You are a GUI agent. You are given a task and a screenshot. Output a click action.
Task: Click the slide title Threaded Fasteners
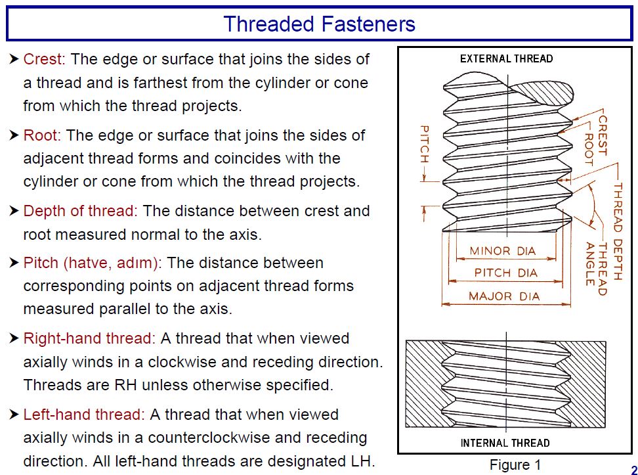click(319, 24)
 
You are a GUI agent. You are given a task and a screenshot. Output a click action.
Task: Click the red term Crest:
click(44, 59)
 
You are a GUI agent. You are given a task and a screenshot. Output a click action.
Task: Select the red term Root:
click(42, 135)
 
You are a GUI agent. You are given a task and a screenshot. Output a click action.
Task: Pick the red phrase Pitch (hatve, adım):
click(93, 263)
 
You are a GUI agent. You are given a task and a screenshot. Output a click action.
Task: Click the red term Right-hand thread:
click(89, 339)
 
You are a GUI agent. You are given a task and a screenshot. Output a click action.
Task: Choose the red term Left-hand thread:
click(83, 415)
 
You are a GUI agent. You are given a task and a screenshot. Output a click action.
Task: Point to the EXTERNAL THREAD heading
click(506, 59)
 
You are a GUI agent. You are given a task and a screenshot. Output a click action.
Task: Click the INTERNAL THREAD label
click(505, 443)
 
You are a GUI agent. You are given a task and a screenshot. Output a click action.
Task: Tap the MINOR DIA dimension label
click(503, 251)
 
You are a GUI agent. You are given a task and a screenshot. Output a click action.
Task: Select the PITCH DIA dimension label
click(505, 273)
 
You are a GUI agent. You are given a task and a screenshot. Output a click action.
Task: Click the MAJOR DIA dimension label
click(504, 296)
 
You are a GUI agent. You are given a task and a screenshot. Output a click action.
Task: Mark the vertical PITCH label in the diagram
click(424, 144)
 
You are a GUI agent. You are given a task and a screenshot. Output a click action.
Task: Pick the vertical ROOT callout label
click(589, 150)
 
